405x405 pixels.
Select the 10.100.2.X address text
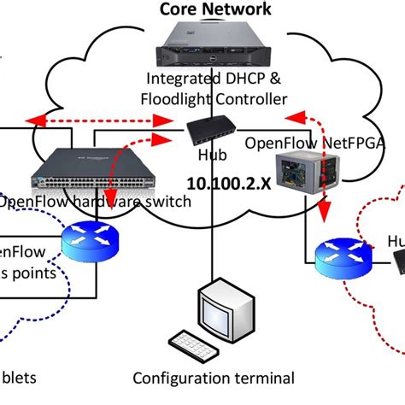pyautogui.click(x=224, y=184)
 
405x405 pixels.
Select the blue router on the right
pyautogui.click(x=341, y=255)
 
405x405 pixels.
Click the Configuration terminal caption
pyautogui.click(x=214, y=378)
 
